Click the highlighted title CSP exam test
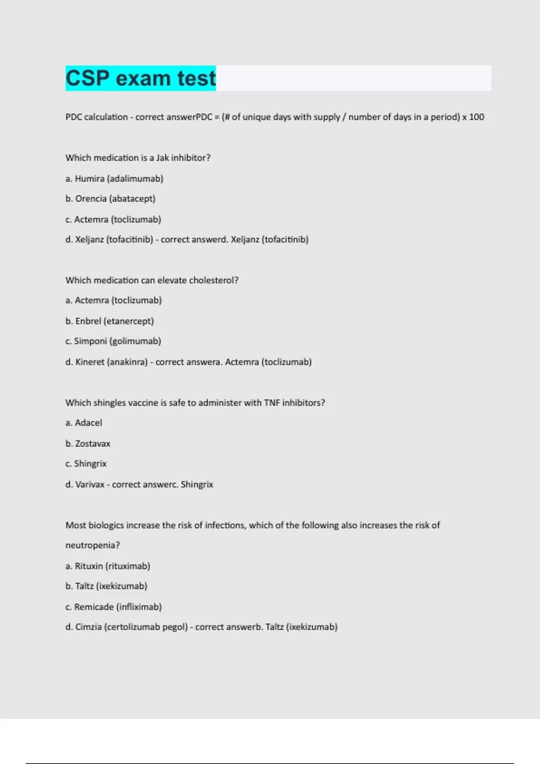click(x=140, y=78)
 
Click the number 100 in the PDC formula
click(x=477, y=117)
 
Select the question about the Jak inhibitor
click(x=138, y=158)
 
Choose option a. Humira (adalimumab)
click(x=114, y=178)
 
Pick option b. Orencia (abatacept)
click(x=110, y=199)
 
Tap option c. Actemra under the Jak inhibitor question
click(x=113, y=219)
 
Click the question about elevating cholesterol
click(x=152, y=280)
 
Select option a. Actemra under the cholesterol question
click(x=113, y=300)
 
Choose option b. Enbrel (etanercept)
click(x=109, y=321)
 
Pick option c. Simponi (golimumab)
click(x=113, y=341)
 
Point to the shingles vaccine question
click(x=195, y=403)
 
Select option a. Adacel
click(x=84, y=422)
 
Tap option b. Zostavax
click(x=88, y=444)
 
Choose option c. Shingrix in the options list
click(x=86, y=463)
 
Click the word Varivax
click(x=90, y=484)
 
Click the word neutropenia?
click(x=93, y=545)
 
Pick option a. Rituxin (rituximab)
click(x=108, y=566)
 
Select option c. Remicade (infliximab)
click(x=113, y=607)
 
